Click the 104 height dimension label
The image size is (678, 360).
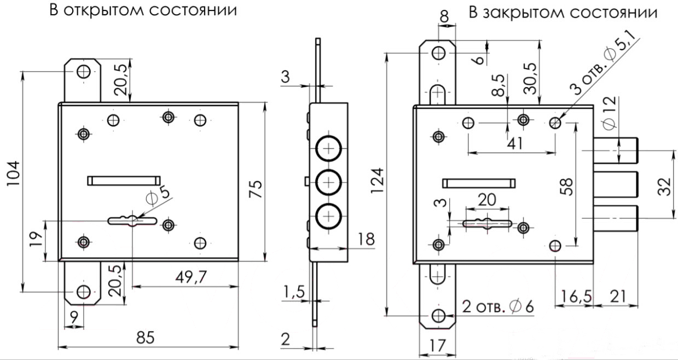tap(14, 173)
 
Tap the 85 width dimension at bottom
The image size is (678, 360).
tap(146, 338)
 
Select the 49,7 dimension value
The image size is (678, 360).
tap(192, 277)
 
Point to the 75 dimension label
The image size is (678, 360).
tap(256, 189)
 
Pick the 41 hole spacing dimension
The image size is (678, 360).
tap(514, 143)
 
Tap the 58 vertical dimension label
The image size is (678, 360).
tap(566, 187)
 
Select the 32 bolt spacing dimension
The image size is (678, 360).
tap(664, 187)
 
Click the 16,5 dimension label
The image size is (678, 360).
tap(576, 297)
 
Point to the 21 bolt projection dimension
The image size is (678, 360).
tap(617, 297)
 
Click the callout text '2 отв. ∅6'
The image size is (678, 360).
tap(498, 307)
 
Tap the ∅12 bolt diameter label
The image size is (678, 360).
tap(609, 113)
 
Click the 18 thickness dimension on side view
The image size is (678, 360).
tap(366, 239)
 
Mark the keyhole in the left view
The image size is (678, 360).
tap(132, 220)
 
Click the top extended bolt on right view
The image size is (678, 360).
tap(616, 150)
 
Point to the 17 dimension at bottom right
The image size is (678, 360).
tap(438, 345)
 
